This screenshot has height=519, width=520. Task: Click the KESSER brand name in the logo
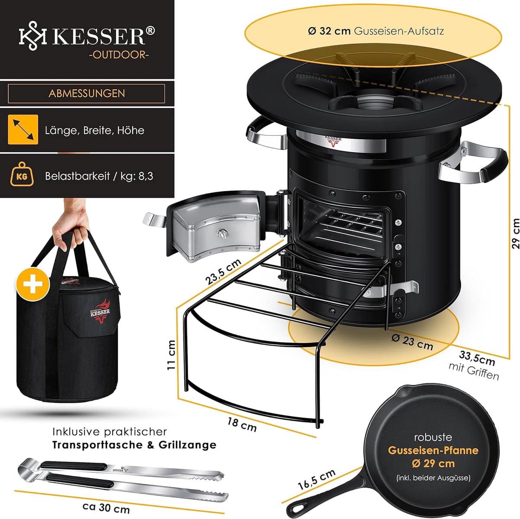click(99, 36)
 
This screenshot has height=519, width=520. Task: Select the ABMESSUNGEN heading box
click(87, 93)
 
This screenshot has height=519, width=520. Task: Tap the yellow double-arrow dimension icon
click(23, 130)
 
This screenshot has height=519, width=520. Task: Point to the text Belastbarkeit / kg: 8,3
click(99, 176)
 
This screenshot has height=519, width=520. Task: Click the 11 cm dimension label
click(172, 354)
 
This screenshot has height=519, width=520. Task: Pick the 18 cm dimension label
click(242, 424)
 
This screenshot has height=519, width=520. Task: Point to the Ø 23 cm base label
click(412, 341)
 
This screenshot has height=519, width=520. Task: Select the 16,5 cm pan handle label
click(316, 479)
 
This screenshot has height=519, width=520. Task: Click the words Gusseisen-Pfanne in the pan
click(427, 450)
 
